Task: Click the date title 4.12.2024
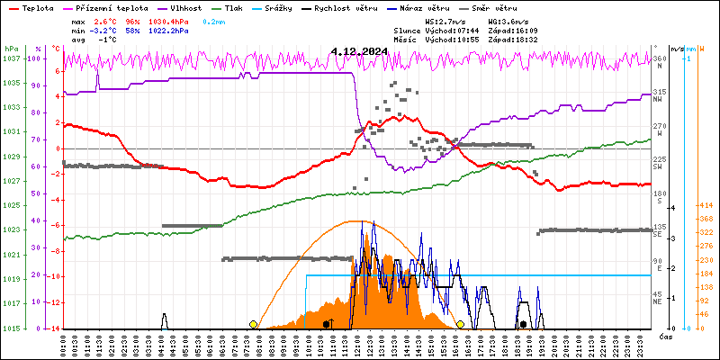359,51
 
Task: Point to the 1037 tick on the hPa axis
11,58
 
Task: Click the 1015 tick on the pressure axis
11,328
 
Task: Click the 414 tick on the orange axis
704,206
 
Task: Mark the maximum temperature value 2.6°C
107,21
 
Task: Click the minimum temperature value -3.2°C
107,30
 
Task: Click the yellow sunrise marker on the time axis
254,324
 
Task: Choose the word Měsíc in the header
406,40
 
